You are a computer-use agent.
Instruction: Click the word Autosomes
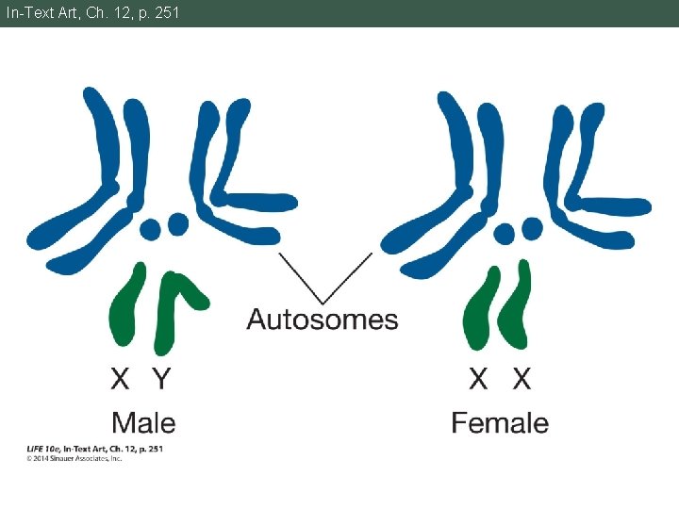(x=322, y=320)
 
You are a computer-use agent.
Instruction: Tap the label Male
(x=143, y=422)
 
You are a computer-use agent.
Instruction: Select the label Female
(x=499, y=422)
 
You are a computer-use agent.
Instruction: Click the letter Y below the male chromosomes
(x=161, y=379)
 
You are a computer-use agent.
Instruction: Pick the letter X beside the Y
(x=121, y=379)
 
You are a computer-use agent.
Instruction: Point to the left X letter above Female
(x=479, y=379)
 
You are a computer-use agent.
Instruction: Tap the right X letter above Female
(x=522, y=379)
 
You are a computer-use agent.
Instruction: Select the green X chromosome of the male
(x=129, y=306)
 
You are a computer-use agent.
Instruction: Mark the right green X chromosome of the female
(x=516, y=306)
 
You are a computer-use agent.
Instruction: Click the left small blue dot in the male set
(x=150, y=229)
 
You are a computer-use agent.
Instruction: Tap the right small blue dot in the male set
(x=175, y=223)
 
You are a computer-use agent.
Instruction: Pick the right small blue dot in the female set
(x=532, y=227)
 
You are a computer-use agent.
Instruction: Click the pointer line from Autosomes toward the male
(x=300, y=274)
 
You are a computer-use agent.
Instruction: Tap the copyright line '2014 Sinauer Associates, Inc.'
(x=77, y=458)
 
